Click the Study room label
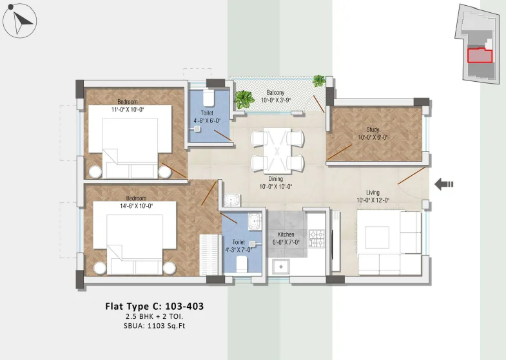click(x=373, y=129)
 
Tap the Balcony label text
click(x=275, y=93)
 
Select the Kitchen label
click(x=286, y=234)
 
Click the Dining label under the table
click(x=276, y=178)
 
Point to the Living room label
click(x=373, y=193)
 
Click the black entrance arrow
click(x=443, y=184)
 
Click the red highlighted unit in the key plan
click(x=480, y=55)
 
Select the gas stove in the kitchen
click(x=316, y=238)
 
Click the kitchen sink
click(x=281, y=267)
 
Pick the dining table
click(x=277, y=151)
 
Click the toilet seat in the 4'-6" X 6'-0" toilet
click(x=208, y=97)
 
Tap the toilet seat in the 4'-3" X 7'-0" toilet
click(x=242, y=264)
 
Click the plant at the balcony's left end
click(x=244, y=100)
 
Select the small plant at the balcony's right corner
click(x=319, y=81)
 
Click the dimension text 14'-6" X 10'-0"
click(x=136, y=205)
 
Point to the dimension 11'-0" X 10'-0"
click(x=128, y=109)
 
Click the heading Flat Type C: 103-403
click(x=154, y=306)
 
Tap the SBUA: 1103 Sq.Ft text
click(x=154, y=325)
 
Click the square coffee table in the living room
click(x=376, y=237)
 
